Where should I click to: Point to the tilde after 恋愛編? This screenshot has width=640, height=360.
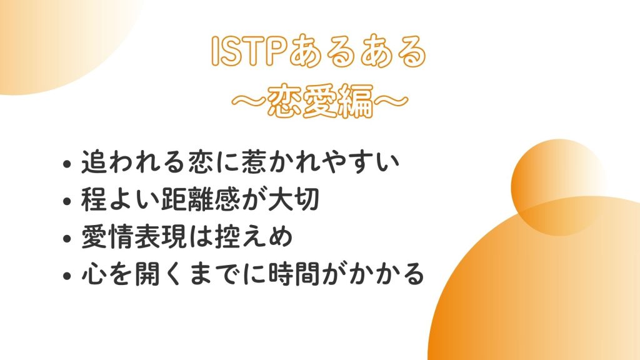coord(391,101)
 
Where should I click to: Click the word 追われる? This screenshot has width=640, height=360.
coord(133,162)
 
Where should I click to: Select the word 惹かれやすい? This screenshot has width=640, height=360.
coord(321,162)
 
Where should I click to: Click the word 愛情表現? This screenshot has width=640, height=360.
coord(134,236)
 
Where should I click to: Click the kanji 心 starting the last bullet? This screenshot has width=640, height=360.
coord(93,274)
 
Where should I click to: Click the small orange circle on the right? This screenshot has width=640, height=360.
coord(558,187)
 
